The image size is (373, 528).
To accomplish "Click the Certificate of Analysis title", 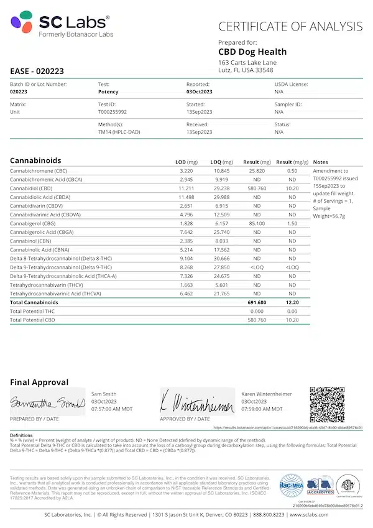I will pyautogui.click(x=290, y=27).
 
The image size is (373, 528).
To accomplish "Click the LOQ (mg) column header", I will pyautogui.click(x=222, y=162).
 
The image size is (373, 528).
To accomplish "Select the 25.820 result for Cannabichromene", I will pyautogui.click(x=257, y=170).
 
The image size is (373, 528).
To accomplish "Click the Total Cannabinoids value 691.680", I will pyautogui.click(x=256, y=302).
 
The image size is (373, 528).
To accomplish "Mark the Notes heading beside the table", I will pyautogui.click(x=320, y=162).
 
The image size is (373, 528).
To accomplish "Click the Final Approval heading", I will pyautogui.click(x=39, y=382).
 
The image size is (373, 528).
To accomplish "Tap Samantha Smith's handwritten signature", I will pyautogui.click(x=47, y=404).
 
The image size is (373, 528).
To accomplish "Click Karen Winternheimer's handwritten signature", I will pyautogui.click(x=196, y=403).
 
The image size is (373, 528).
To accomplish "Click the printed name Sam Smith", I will pyautogui.click(x=104, y=394).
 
